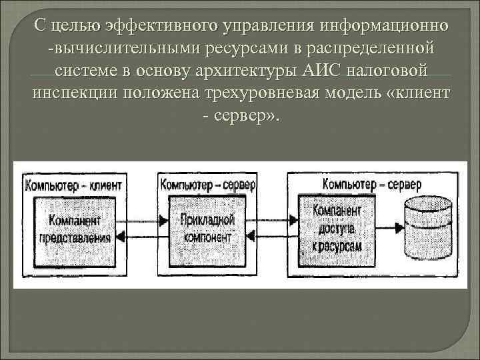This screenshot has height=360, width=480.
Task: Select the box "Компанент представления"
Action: (x=75, y=228)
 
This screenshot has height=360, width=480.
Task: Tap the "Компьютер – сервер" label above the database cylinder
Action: (x=371, y=182)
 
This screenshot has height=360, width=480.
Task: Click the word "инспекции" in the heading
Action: (x=71, y=91)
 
